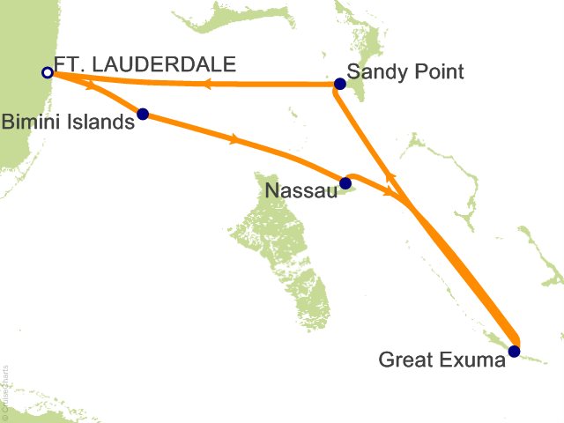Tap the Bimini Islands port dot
[x=143, y=114]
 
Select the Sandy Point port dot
[x=339, y=85]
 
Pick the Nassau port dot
[x=345, y=183]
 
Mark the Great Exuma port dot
[x=515, y=352]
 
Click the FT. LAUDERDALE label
[x=145, y=64]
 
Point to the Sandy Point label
[x=405, y=72]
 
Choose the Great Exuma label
[x=442, y=359]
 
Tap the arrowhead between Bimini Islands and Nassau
[x=234, y=138]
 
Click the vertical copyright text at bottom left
[x=5, y=389]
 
